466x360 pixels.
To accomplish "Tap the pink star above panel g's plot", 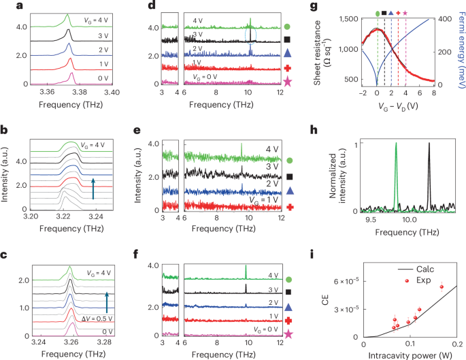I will click(406, 13).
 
